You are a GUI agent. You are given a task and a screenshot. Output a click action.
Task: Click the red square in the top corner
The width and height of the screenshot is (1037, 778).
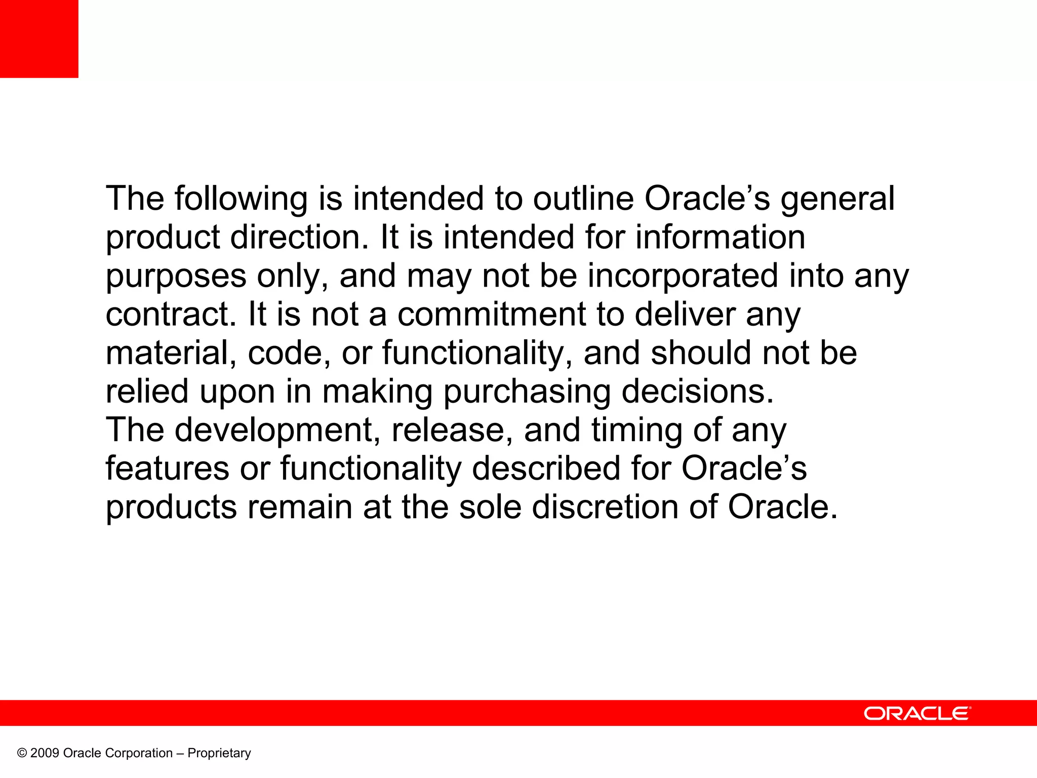39,38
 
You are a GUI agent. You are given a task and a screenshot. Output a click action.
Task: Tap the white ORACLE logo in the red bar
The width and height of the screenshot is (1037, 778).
917,713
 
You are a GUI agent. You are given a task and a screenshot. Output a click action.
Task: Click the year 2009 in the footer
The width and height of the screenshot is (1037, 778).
45,753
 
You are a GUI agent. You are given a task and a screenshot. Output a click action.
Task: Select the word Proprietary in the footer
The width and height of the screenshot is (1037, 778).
219,753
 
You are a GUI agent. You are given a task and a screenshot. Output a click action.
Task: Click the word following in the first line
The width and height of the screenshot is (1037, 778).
241,199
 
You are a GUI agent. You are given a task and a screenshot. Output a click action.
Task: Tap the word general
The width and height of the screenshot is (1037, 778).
837,199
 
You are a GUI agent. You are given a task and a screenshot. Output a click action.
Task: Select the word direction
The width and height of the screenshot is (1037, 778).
299,237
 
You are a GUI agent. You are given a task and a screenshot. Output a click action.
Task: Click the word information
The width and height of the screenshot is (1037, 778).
720,237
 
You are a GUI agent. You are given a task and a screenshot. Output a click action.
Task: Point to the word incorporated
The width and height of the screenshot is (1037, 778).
683,276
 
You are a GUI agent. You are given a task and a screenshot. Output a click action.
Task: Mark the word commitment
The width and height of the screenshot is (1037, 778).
491,315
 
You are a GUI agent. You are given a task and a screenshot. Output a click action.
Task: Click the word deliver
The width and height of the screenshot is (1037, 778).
685,315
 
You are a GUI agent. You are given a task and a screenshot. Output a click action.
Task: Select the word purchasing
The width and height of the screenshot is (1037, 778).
527,392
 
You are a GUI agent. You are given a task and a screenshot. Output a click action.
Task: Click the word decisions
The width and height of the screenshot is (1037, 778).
698,392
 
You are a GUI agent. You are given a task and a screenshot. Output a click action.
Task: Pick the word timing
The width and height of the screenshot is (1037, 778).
636,431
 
